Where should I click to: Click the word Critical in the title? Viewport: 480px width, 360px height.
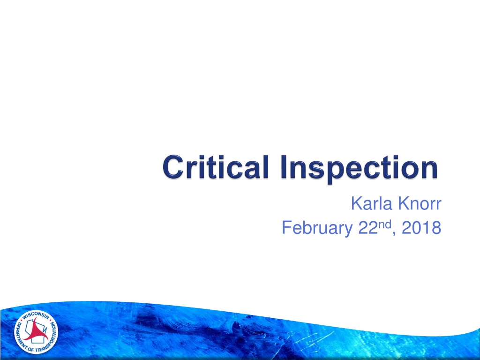point(216,167)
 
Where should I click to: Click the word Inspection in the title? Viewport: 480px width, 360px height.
point(360,169)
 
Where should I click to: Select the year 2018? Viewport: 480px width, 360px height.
point(421,227)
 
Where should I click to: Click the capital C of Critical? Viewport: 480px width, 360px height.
point(173,167)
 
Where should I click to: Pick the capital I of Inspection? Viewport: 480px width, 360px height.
point(284,167)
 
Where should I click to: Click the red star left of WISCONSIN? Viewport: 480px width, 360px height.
point(21,322)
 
